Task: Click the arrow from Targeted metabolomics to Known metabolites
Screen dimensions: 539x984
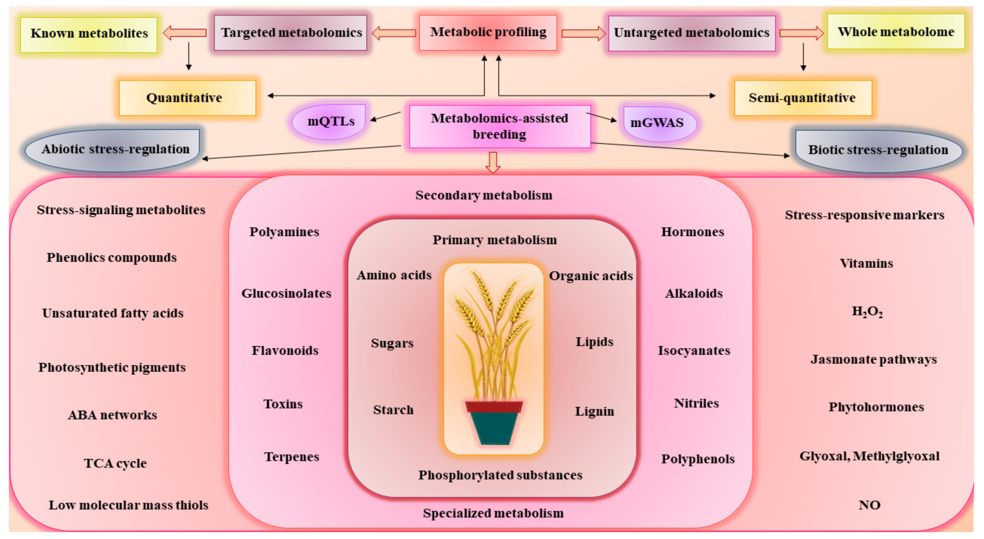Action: pyautogui.click(x=185, y=33)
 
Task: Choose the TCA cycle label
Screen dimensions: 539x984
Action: pyautogui.click(x=115, y=463)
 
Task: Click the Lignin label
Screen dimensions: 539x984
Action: pyautogui.click(x=594, y=411)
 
